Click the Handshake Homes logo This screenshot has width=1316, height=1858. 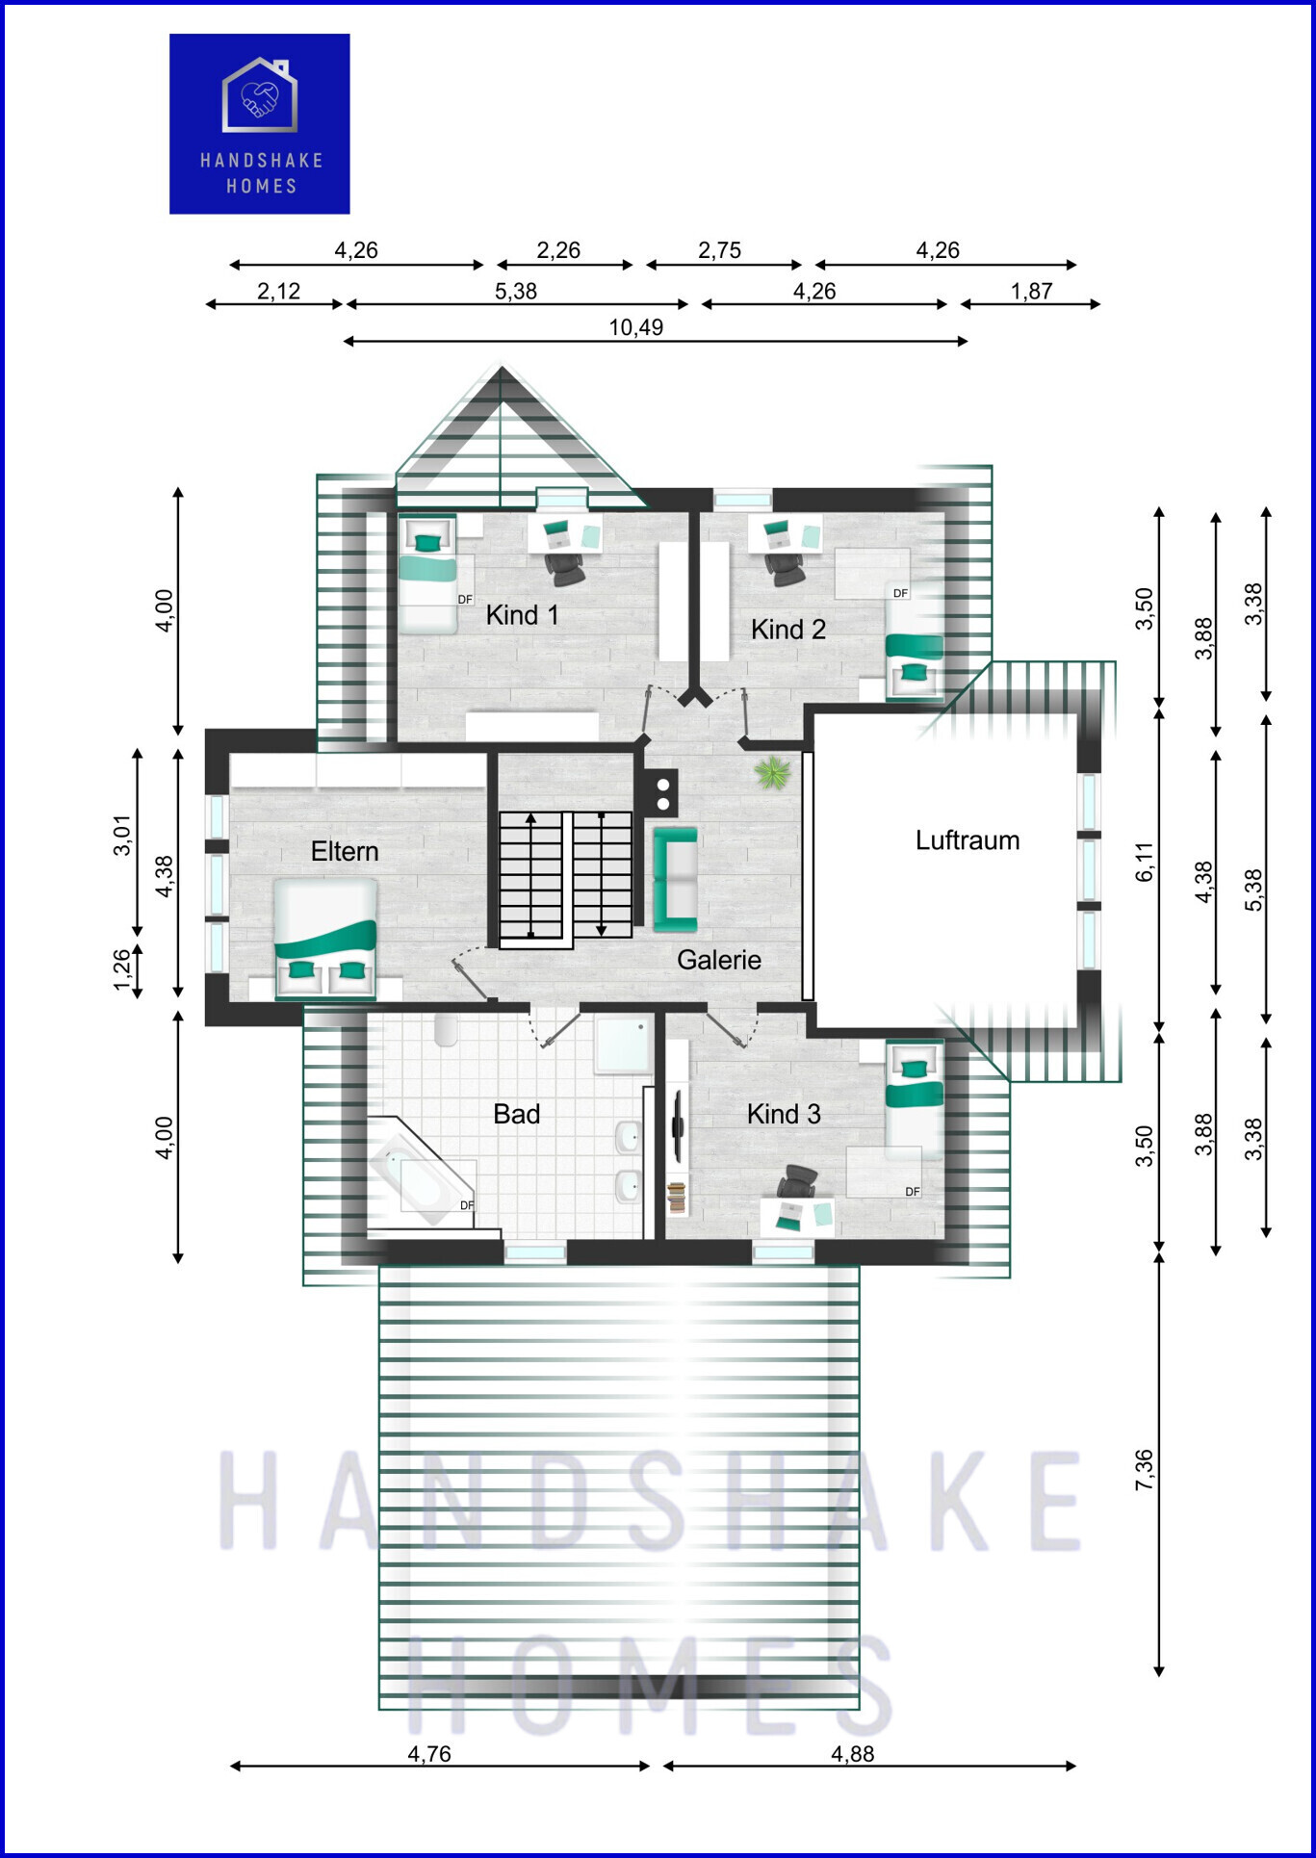[260, 124]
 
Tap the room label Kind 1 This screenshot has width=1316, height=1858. [522, 615]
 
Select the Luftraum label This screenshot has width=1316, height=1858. [968, 840]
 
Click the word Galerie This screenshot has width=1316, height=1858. [719, 960]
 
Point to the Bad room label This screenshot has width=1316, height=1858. [516, 1115]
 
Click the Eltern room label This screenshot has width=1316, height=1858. [345, 852]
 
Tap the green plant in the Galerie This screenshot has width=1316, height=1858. [773, 772]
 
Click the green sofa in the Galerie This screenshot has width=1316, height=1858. [675, 880]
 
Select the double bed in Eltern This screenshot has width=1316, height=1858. [326, 939]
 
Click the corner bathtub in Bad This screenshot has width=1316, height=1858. [420, 1174]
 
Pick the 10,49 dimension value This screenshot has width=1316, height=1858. [635, 327]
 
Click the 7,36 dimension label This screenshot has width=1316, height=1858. [1144, 1470]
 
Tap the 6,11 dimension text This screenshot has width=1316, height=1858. [1144, 862]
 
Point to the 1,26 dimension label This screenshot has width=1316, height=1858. [122, 970]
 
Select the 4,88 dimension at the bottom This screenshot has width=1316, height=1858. [852, 1754]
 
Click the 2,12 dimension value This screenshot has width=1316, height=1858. [278, 291]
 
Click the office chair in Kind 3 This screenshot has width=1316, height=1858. [798, 1180]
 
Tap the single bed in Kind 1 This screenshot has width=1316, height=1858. [428, 575]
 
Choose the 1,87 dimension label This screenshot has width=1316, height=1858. [1031, 291]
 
